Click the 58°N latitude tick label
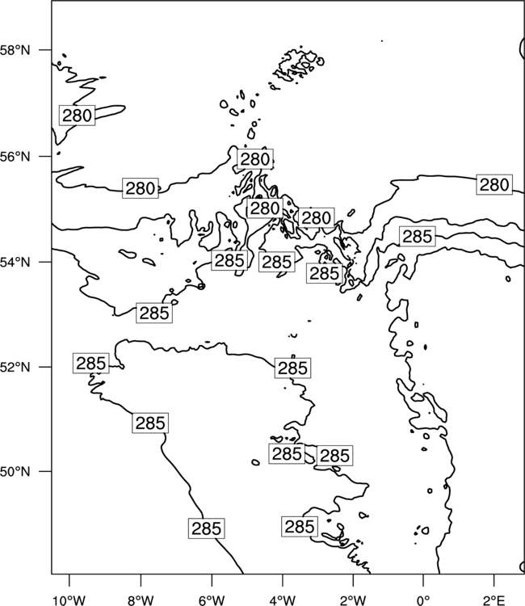pos(15,50)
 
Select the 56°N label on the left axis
pos(15,157)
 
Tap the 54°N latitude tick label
pos(15,263)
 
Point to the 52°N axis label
pos(15,367)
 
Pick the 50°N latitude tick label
pos(15,472)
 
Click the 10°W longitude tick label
pos(69,600)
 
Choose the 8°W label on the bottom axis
pos(141,600)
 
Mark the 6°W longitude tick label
pos(212,600)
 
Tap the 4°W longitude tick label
pos(283,600)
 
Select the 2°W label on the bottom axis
pos(353,600)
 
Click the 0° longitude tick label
pos(423,600)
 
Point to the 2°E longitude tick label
pos(494,600)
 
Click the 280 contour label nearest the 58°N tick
pos(77,116)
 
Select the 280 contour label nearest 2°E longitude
pos(494,185)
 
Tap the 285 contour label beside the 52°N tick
pos(90,364)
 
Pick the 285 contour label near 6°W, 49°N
pos(207,528)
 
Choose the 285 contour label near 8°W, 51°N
pos(150,423)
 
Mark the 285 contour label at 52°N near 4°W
pos(293,368)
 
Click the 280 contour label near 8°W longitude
pos(141,188)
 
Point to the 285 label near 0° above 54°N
pos(418,237)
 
